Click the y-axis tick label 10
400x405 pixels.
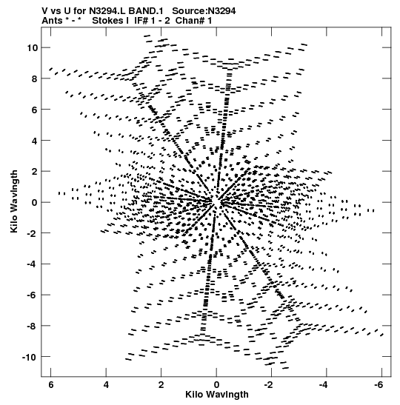pos(32,48)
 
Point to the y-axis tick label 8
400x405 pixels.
pos(35,78)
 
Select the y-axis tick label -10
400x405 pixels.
pos(30,357)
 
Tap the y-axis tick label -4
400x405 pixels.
pos(32,264)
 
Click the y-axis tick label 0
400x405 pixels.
pos(35,202)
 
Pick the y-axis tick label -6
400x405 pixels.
pos(32,295)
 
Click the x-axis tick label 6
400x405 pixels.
pos(51,385)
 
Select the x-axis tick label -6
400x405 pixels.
pos(379,385)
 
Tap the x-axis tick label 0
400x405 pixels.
pos(216,385)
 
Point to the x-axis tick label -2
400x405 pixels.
pos(269,385)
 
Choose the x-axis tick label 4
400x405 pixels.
pos(106,385)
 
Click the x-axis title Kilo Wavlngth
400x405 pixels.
pos(217,395)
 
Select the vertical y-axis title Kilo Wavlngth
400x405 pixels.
pos(14,201)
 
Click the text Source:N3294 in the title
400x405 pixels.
pos(204,11)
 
